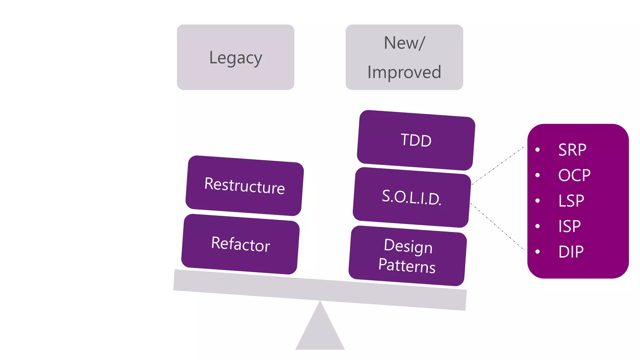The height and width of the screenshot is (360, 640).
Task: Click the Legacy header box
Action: [235, 57]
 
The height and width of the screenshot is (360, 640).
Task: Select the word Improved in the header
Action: [404, 72]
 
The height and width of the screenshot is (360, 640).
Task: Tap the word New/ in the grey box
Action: [404, 43]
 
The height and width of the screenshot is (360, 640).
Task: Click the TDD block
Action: [416, 140]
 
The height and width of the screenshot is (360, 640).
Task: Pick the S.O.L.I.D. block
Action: [412, 197]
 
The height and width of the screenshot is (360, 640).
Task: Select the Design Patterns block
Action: [407, 256]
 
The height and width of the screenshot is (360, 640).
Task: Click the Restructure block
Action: [244, 186]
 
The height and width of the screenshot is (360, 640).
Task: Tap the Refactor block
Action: [240, 244]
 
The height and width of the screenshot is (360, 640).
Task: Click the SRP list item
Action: [572, 150]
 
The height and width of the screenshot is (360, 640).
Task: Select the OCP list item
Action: [574, 175]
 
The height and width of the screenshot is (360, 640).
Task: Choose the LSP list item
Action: [571, 201]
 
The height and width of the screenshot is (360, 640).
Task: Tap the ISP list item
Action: [569, 226]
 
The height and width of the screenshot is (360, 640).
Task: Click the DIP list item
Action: [571, 252]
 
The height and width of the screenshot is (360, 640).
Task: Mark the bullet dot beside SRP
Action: [537, 150]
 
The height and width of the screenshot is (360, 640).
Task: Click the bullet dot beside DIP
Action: [537, 252]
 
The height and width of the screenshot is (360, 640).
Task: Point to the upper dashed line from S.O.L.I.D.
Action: [497, 166]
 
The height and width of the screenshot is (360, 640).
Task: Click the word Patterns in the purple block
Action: [407, 266]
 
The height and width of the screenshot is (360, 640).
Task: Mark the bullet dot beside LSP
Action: [537, 201]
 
